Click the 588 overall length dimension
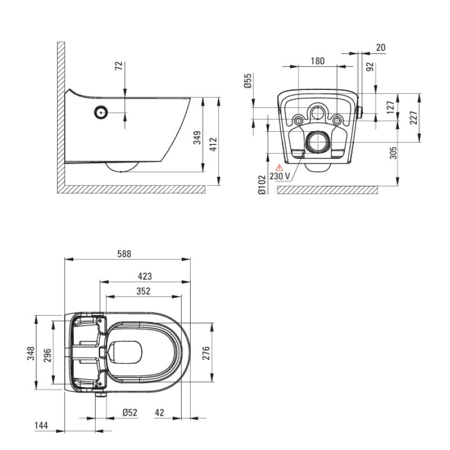[x=124, y=254]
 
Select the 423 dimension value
[x=145, y=276]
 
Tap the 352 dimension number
[x=143, y=291]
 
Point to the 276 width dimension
[x=206, y=353]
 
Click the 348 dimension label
[x=31, y=353]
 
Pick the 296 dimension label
[x=47, y=355]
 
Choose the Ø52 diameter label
[x=130, y=413]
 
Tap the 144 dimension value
[x=41, y=426]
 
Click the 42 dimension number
[x=160, y=413]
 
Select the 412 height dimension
[x=214, y=145]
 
